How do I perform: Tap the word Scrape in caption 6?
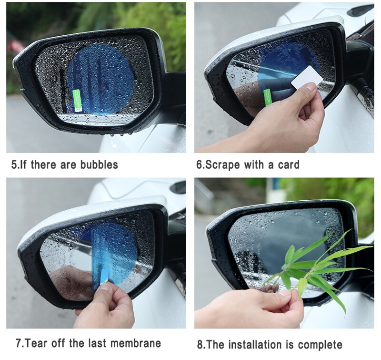pos(223,165)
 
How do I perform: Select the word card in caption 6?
pos(288,165)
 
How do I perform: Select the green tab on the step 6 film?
pos(268,96)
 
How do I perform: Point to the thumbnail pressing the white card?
pos(311,87)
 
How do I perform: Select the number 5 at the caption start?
pos(14,165)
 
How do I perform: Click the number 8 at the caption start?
pos(201,344)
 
